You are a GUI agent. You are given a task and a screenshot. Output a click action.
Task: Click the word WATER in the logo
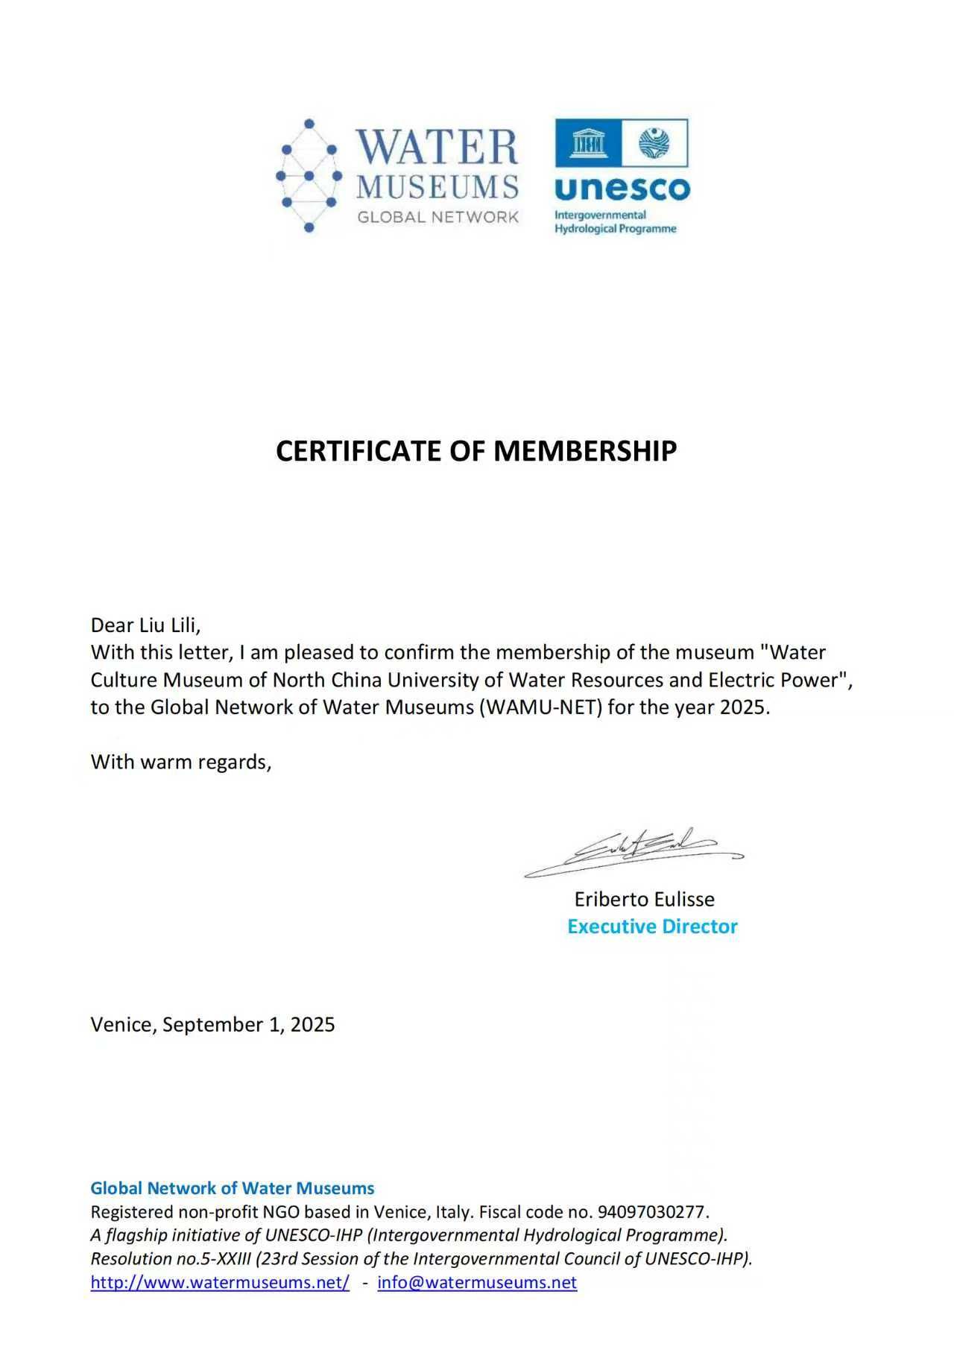(x=437, y=147)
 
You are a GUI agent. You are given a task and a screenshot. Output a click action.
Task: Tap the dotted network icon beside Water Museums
(x=309, y=176)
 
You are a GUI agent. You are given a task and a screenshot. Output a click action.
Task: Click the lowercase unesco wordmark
(x=622, y=189)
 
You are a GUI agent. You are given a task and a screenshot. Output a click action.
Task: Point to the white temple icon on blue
(x=589, y=142)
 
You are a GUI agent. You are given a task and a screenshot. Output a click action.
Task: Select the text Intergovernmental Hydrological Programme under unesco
(x=615, y=221)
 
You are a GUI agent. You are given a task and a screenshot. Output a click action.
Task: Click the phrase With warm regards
(x=180, y=762)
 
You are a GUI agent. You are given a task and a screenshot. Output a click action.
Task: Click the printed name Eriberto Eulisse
(x=644, y=899)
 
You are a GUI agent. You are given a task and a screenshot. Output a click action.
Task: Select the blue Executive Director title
(x=652, y=927)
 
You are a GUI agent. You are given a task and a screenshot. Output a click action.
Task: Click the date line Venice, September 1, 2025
(x=212, y=1024)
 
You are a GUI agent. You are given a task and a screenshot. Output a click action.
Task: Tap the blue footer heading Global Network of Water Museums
(x=232, y=1187)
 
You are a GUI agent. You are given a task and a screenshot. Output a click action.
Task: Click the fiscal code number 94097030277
(x=651, y=1211)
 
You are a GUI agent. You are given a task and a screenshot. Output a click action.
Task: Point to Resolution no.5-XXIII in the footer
(x=170, y=1258)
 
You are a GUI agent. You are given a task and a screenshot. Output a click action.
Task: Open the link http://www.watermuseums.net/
(x=220, y=1282)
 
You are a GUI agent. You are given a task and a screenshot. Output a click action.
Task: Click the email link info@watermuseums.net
(x=477, y=1282)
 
